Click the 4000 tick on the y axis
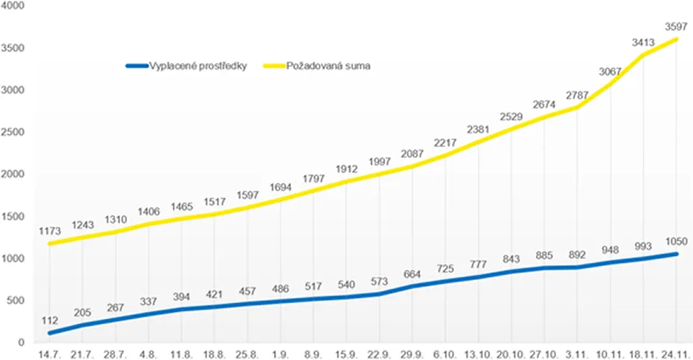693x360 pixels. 16,6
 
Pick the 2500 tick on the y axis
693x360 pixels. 16,132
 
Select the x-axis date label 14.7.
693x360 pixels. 51,355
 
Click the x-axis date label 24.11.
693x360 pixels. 677,355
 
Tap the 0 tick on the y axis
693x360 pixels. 23,342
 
